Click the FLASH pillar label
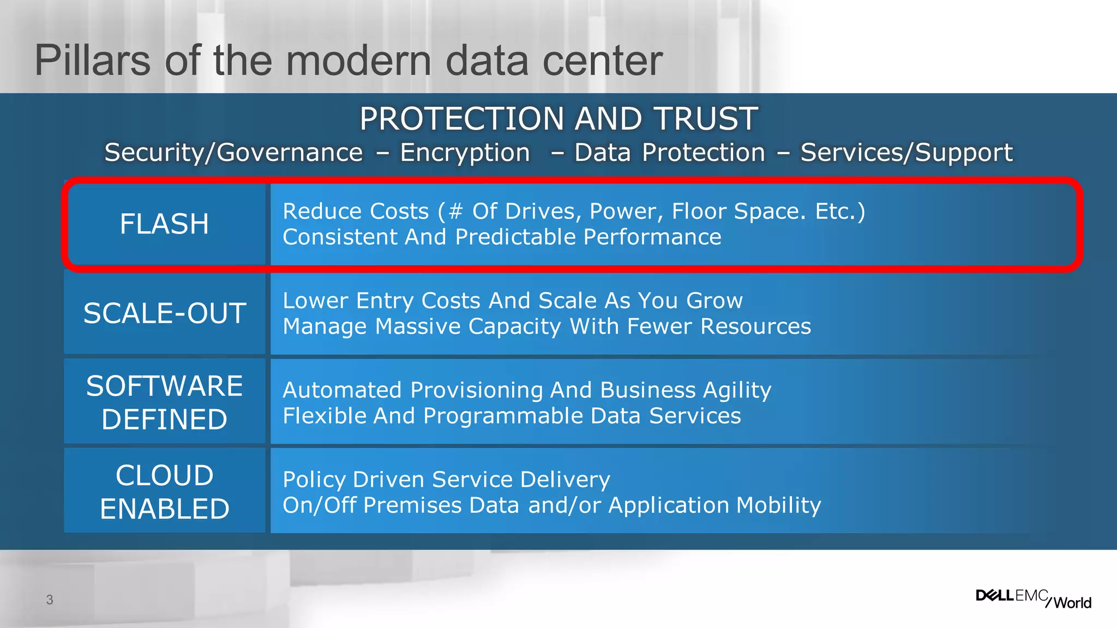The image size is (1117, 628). (x=164, y=224)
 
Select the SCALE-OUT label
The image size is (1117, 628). (x=164, y=313)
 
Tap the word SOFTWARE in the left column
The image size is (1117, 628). (x=164, y=386)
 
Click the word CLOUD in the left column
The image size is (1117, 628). (x=164, y=475)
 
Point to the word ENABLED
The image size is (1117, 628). (x=164, y=509)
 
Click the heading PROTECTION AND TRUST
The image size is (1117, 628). (x=558, y=119)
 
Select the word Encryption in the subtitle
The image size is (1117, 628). (x=465, y=153)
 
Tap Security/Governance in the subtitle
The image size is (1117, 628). (x=233, y=153)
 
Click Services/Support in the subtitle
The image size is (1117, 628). (x=906, y=153)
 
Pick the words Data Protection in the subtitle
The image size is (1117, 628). (x=670, y=153)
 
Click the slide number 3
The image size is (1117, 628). (x=50, y=600)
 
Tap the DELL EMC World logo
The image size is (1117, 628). (x=1033, y=598)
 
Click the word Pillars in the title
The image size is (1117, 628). (x=92, y=61)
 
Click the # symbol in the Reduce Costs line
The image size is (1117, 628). (x=455, y=212)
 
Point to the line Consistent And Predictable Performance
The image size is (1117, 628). (x=502, y=237)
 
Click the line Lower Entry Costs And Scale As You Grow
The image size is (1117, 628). (x=513, y=301)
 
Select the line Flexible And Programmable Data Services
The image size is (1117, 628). (x=512, y=416)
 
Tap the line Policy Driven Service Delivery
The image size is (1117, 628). (x=446, y=480)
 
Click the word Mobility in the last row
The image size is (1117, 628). (x=778, y=505)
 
